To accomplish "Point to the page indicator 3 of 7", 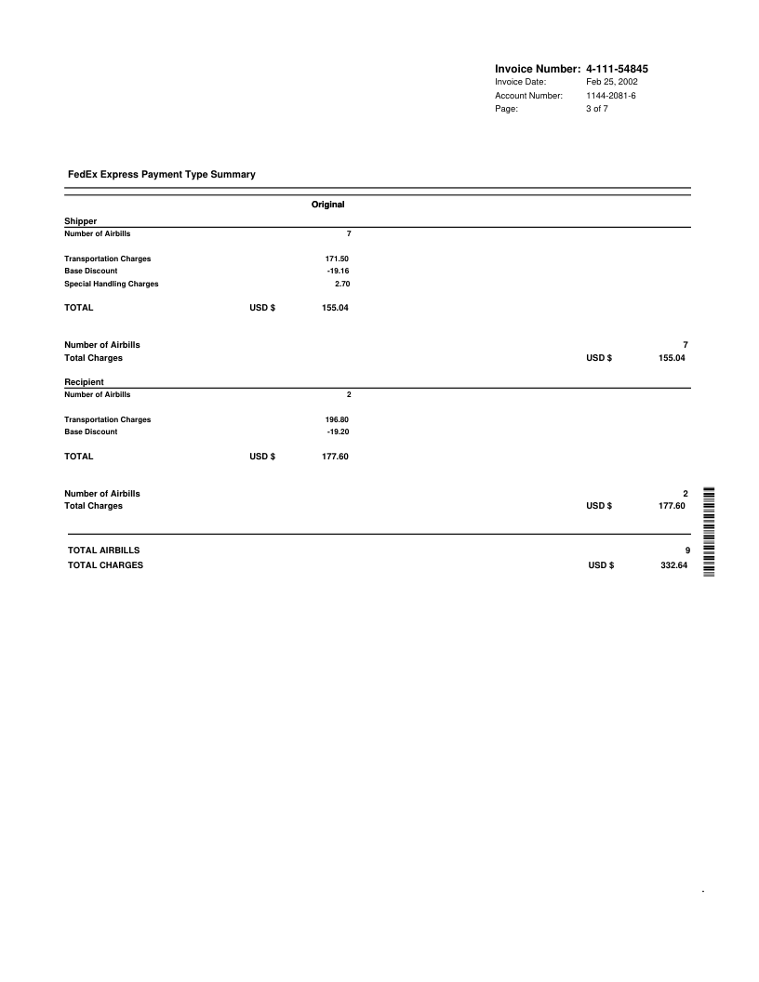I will pyautogui.click(x=597, y=109).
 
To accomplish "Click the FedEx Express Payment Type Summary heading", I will pyautogui.click(x=162, y=174).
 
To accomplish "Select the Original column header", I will pyautogui.click(x=327, y=204).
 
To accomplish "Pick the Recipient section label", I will pyautogui.click(x=84, y=382).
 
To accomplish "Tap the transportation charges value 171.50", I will pyautogui.click(x=336, y=259).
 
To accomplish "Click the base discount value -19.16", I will pyautogui.click(x=338, y=271).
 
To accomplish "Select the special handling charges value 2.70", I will pyautogui.click(x=341, y=284).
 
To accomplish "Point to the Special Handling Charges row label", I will pyautogui.click(x=111, y=284).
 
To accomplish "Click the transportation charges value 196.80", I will pyautogui.click(x=336, y=419).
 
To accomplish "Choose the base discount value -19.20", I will pyautogui.click(x=338, y=431).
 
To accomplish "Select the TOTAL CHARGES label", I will pyautogui.click(x=106, y=564).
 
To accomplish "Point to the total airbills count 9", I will pyautogui.click(x=686, y=551).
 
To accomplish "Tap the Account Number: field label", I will pyautogui.click(x=528, y=96).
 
